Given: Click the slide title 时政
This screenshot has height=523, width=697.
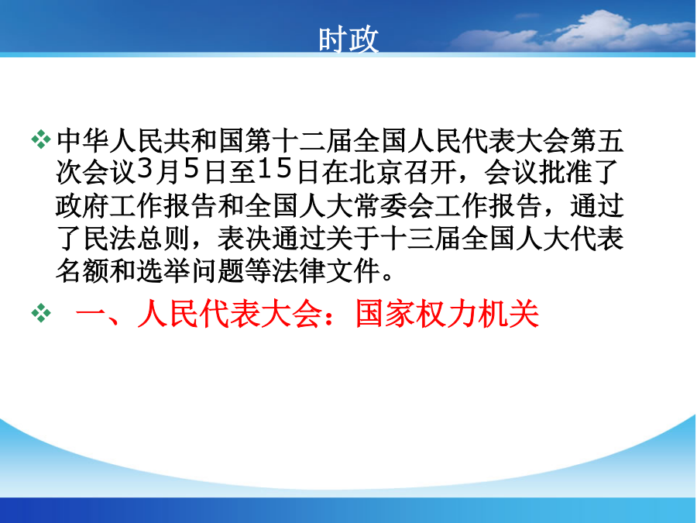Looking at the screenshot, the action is (348, 40).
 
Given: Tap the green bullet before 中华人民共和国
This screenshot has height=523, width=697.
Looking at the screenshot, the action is (41, 139).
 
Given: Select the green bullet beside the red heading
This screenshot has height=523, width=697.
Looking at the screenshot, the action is (41, 313).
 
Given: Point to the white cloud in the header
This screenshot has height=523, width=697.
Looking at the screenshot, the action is (573, 32).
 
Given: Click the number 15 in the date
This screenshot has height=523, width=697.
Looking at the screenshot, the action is (275, 170).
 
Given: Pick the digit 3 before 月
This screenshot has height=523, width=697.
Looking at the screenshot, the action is (145, 170).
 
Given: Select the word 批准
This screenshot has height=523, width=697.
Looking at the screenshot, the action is (565, 172).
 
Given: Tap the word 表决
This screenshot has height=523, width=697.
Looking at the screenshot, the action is (245, 239).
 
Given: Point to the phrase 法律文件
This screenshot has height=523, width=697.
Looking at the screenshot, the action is (326, 271).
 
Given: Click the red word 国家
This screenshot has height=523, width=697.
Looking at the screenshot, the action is (386, 314).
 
